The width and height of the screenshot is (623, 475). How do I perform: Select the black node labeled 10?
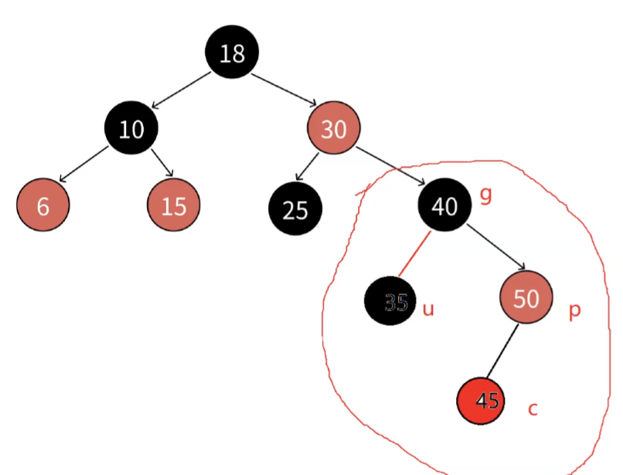click(x=131, y=128)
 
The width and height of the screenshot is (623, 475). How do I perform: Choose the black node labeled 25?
click(x=294, y=209)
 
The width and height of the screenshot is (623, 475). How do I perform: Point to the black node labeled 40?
click(x=444, y=205)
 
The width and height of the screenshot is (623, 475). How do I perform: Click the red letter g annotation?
click(x=485, y=195)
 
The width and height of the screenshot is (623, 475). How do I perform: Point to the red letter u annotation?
click(x=428, y=309)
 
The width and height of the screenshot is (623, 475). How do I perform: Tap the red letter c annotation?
click(x=533, y=408)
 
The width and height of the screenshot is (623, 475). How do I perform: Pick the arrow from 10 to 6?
click(x=85, y=164)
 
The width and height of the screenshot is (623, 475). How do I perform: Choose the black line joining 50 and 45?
click(x=504, y=351)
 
